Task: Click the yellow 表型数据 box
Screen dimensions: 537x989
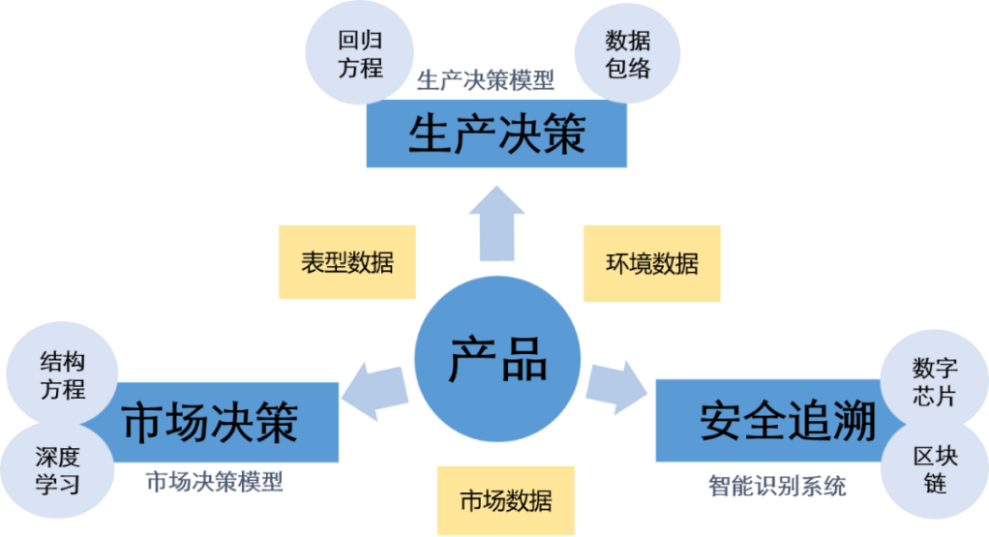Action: pyautogui.click(x=346, y=261)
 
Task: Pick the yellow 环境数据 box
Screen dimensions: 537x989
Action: pyautogui.click(x=651, y=263)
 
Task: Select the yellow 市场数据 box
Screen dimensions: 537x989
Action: pyautogui.click(x=505, y=500)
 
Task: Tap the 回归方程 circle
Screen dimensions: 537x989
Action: pyautogui.click(x=360, y=53)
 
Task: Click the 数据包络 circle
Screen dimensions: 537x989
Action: pyautogui.click(x=628, y=54)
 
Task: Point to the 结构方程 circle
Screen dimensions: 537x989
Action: pyautogui.click(x=62, y=375)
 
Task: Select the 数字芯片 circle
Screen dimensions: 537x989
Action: pyautogui.click(x=935, y=382)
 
